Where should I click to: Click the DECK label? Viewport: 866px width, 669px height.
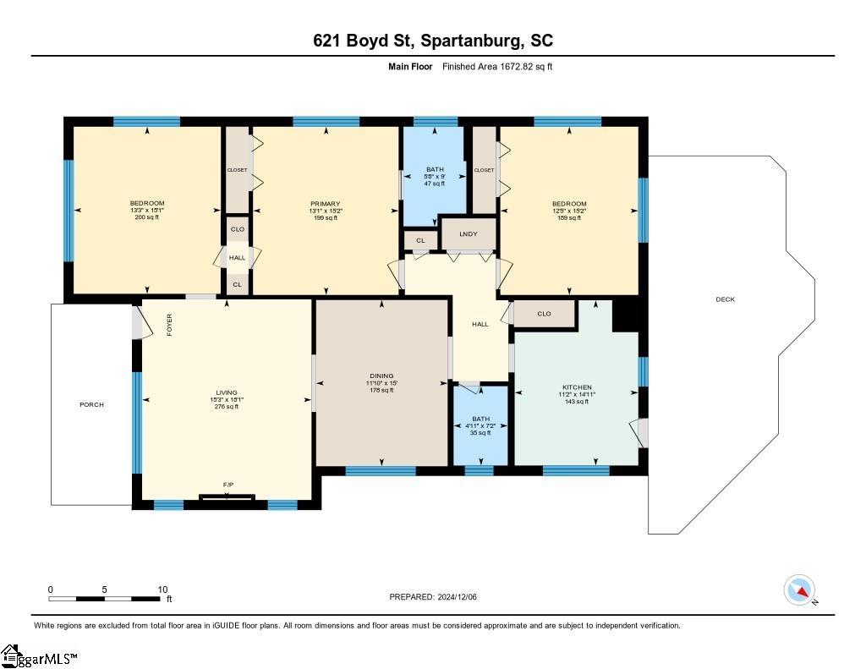pyautogui.click(x=725, y=299)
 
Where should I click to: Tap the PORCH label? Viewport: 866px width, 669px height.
pyautogui.click(x=91, y=404)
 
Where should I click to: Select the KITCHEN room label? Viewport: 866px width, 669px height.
pyautogui.click(x=577, y=387)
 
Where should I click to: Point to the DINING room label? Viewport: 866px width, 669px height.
pyautogui.click(x=381, y=376)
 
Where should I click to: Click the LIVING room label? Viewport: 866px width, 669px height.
pyautogui.click(x=227, y=392)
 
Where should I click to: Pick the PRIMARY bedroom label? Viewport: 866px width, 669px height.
pyautogui.click(x=326, y=204)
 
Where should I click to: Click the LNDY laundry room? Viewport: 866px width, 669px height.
pyautogui.click(x=469, y=233)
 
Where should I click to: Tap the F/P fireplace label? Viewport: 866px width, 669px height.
pyautogui.click(x=228, y=485)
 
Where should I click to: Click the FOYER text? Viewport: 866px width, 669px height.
pyautogui.click(x=169, y=325)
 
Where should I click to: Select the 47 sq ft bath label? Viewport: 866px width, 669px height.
pyautogui.click(x=435, y=184)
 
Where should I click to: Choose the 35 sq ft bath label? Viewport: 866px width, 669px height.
pyautogui.click(x=480, y=433)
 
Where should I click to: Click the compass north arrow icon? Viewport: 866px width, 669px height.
pyautogui.click(x=800, y=590)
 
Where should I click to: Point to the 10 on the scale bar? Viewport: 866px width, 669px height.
pyautogui.click(x=162, y=589)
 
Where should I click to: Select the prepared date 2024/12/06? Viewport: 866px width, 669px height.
pyautogui.click(x=457, y=596)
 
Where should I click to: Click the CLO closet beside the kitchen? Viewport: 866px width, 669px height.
pyautogui.click(x=544, y=314)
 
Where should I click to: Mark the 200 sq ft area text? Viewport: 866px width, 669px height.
pyautogui.click(x=147, y=217)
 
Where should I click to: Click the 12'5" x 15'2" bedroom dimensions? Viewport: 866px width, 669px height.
pyautogui.click(x=569, y=211)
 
